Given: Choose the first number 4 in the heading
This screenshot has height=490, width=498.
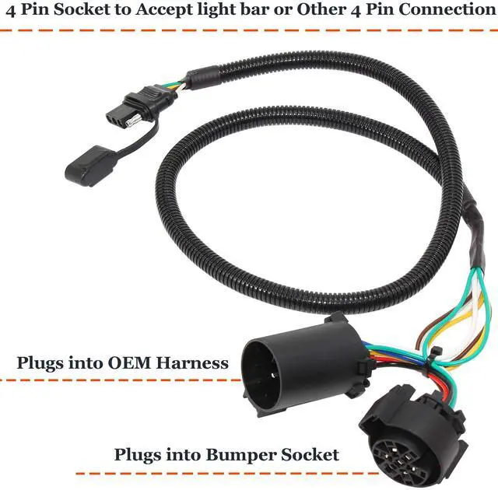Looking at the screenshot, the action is (11, 10).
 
